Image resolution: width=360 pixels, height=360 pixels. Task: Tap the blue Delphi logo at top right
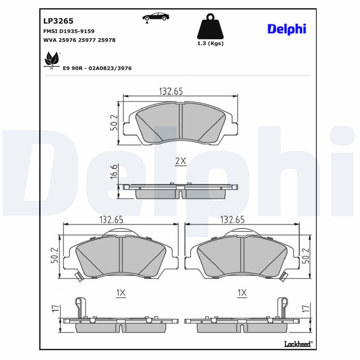(287, 29)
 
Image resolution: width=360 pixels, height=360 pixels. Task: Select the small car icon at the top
(156, 18)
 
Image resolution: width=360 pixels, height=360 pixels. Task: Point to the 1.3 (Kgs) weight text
(210, 44)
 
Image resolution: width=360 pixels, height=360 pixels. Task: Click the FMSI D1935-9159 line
(68, 31)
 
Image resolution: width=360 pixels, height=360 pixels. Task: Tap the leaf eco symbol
(51, 60)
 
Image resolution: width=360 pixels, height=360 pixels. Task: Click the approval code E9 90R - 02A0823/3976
(97, 68)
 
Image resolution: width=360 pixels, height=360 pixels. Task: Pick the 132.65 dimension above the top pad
(171, 91)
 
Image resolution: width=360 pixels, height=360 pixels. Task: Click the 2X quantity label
(180, 161)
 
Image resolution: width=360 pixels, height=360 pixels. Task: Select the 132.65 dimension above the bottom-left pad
(111, 220)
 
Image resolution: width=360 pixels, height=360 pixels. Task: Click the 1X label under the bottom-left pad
(120, 293)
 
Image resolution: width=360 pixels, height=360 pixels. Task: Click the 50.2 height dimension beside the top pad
(114, 123)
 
